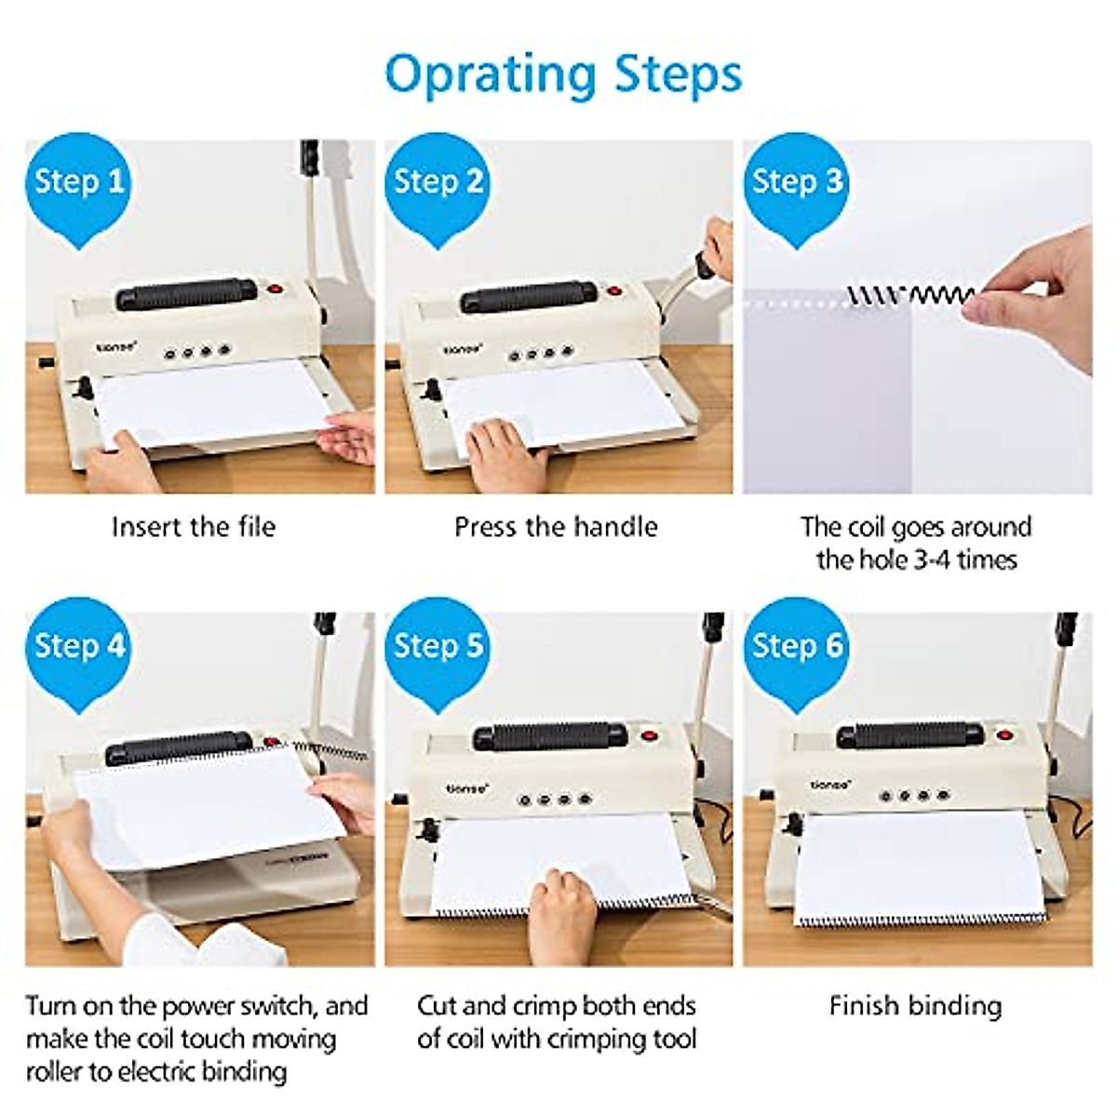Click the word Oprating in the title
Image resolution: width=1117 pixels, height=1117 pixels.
tap(491, 74)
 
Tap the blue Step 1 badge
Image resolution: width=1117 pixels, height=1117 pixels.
tap(78, 182)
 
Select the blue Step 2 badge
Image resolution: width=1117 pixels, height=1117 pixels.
tap(437, 182)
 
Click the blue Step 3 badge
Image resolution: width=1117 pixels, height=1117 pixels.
tap(797, 182)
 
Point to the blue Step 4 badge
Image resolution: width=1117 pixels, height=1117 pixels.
tap(78, 645)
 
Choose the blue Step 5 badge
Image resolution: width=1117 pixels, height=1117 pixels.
tap(437, 645)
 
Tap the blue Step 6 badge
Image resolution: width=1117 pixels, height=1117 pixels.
tap(797, 645)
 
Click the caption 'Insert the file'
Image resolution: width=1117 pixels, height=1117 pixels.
tap(194, 527)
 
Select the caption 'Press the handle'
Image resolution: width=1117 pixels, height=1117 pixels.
tap(556, 527)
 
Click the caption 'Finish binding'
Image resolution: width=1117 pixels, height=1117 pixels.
tap(915, 1006)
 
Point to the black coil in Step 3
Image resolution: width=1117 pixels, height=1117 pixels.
tap(908, 296)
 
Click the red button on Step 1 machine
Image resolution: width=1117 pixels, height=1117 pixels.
tap(275, 290)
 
